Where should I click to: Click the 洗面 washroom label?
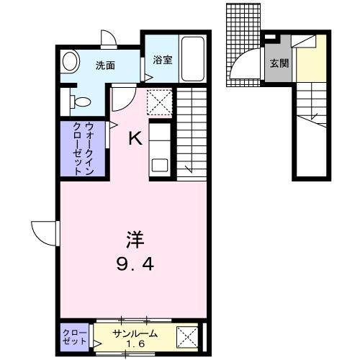pyautogui.click(x=106, y=66)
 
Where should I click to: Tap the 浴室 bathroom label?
pyautogui.click(x=163, y=60)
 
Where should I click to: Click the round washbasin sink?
pyautogui.click(x=70, y=62)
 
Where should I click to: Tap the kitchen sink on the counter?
pyautogui.click(x=159, y=163)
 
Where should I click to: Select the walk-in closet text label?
pyautogui.click(x=83, y=149)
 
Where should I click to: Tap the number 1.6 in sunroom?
pyautogui.click(x=135, y=344)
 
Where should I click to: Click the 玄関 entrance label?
pyautogui.click(x=279, y=63)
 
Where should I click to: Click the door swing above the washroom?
pyautogui.click(x=109, y=37)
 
